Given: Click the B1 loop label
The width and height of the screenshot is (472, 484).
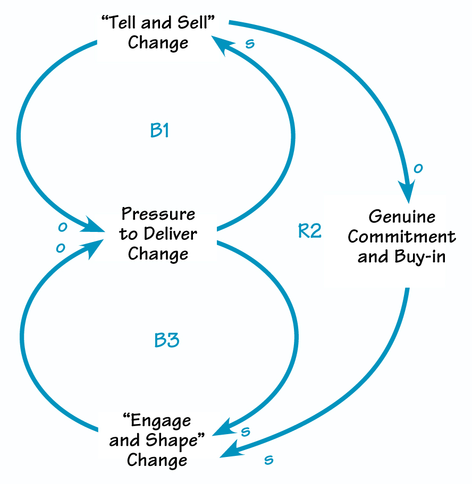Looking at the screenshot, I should coord(159,131).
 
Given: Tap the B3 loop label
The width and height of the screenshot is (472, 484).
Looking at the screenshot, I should coord(166,340).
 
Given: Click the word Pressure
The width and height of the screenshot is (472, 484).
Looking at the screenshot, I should coord(158,214).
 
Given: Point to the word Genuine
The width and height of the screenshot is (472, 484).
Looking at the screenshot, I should coord(402,217).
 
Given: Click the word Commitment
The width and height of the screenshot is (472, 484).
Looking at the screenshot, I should coord(402,237).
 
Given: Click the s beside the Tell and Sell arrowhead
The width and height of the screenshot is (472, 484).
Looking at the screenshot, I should coord(249,44).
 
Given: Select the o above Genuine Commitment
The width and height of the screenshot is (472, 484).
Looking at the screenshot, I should coord(418,168).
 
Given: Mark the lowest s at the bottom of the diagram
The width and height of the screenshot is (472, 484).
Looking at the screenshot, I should coord(269,459).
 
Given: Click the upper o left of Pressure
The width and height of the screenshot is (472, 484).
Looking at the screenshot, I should coord(63,227).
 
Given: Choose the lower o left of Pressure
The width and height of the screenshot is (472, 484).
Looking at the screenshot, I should coord(61,247).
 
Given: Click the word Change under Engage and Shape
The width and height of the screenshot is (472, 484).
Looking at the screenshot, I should coord(157,460).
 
